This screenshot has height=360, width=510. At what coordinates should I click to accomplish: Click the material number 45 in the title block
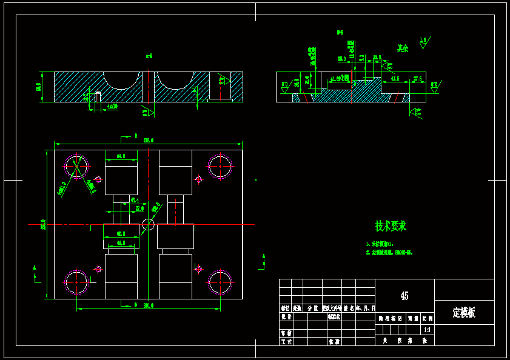click(x=404, y=296)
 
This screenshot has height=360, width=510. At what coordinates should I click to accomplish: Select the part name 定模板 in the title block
click(x=464, y=313)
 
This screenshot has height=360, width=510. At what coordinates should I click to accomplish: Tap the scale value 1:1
click(x=427, y=330)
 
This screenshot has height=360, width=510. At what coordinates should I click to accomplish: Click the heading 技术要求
click(x=391, y=227)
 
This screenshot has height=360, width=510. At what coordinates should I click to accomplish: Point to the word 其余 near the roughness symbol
click(x=403, y=48)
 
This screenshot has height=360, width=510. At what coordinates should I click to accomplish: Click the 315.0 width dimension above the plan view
click(x=148, y=140)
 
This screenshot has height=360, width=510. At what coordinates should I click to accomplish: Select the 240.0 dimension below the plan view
click(x=147, y=305)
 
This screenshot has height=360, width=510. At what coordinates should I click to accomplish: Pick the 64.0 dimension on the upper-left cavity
click(x=120, y=156)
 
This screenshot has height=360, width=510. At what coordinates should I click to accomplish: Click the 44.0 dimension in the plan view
click(x=121, y=242)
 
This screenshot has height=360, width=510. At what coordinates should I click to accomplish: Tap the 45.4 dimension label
click(x=135, y=199)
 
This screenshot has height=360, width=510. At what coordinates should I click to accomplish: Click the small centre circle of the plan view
click(x=148, y=225)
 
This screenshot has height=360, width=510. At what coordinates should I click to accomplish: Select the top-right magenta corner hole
click(x=220, y=167)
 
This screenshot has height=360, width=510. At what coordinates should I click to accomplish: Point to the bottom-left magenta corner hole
click(x=77, y=281)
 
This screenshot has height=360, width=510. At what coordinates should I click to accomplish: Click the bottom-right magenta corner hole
click(x=220, y=281)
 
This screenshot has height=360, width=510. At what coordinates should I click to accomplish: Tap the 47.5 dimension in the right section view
click(x=395, y=79)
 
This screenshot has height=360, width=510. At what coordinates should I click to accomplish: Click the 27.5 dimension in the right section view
click(x=418, y=79)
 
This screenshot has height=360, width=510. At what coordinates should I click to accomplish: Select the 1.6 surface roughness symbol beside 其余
click(x=423, y=41)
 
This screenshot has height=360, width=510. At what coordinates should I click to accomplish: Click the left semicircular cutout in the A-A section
click(x=121, y=79)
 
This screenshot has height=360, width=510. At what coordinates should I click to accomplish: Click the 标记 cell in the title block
click(x=285, y=308)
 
